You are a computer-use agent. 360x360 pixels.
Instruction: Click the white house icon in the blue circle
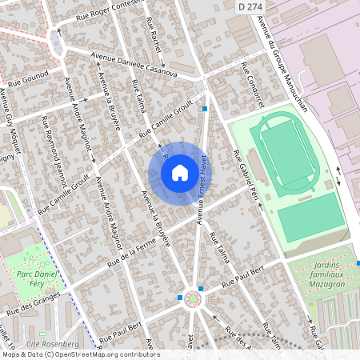(180, 172)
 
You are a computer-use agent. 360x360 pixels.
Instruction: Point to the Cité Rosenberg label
(48, 343)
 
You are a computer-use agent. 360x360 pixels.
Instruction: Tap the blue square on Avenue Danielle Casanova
(206, 109)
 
